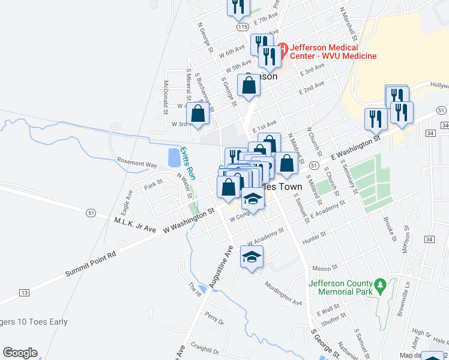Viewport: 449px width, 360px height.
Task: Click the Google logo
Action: (x=20, y=353)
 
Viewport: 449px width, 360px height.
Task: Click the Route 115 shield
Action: (x=243, y=27)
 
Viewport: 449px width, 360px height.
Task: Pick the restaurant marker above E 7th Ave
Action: (x=238, y=5)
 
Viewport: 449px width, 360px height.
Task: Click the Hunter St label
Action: (x=314, y=238)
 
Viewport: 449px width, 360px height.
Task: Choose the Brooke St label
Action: (x=387, y=224)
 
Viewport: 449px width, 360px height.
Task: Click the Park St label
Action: (x=153, y=184)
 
